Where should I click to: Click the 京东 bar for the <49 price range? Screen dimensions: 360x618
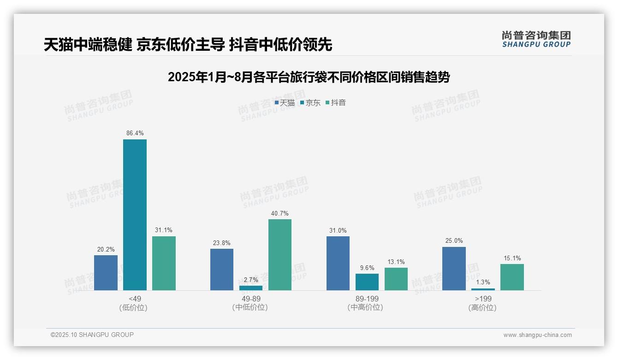135,215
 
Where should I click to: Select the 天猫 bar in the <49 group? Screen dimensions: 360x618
106,273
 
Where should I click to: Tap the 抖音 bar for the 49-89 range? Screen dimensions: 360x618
280,255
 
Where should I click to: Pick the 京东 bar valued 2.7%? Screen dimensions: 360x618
251,288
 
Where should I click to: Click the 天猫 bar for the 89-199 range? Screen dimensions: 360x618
338,263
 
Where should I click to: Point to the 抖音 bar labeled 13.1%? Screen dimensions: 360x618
396,279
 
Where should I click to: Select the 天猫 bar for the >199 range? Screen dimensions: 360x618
454,269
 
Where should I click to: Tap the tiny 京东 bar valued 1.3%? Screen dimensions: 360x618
483,289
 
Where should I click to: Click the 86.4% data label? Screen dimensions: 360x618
135,133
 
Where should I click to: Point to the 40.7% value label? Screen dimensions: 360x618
280,213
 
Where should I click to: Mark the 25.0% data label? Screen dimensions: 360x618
454,241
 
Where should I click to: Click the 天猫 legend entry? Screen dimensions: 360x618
285,103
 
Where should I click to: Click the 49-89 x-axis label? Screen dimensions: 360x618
251,299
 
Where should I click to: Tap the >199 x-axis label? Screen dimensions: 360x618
483,299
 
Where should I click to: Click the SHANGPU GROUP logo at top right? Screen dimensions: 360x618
536,39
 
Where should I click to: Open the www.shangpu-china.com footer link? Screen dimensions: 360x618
537,335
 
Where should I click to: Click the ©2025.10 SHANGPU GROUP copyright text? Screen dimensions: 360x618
92,335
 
